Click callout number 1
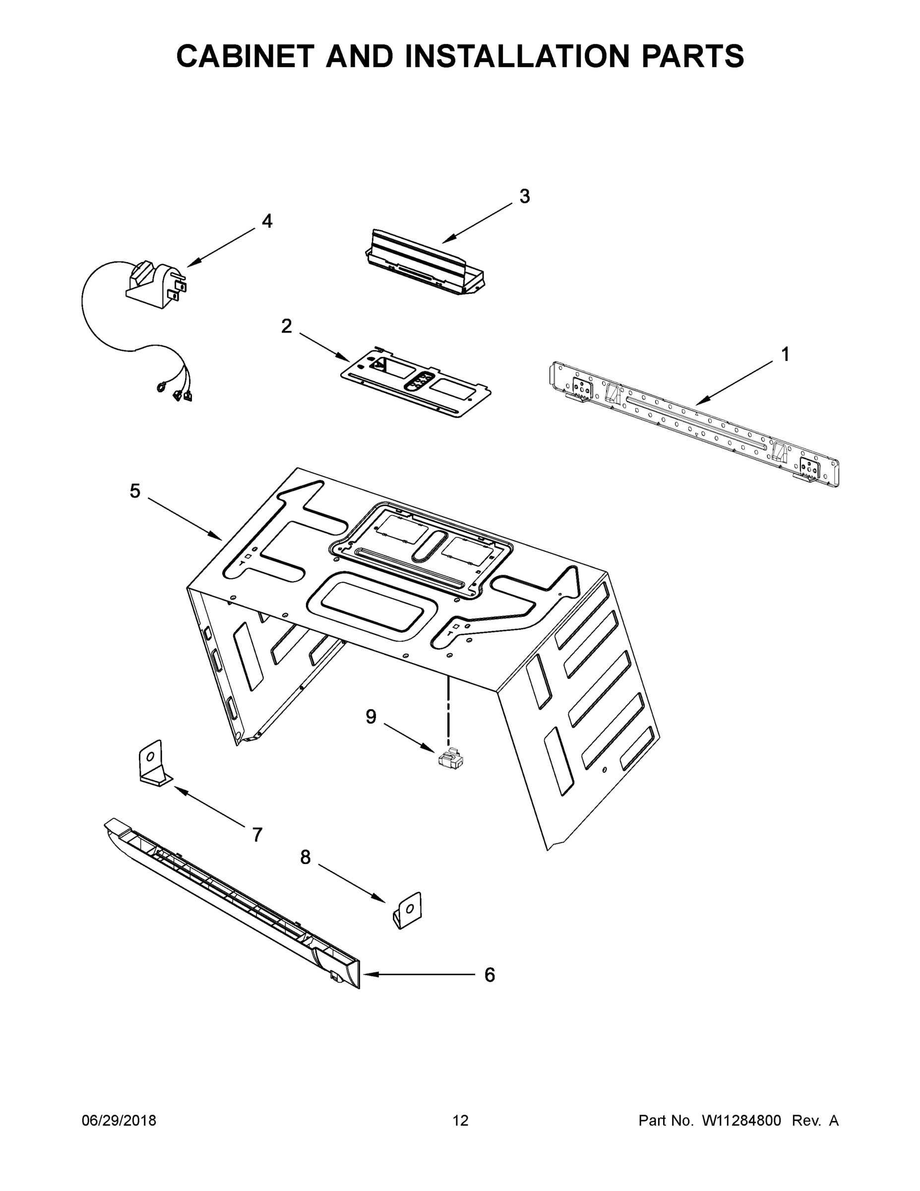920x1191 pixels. pyautogui.click(x=785, y=354)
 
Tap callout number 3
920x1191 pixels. pyautogui.click(x=524, y=197)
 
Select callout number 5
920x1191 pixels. pyautogui.click(x=134, y=491)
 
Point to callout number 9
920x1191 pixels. pyautogui.click(x=370, y=717)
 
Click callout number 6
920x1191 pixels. pyautogui.click(x=490, y=975)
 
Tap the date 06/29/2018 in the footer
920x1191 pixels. pyautogui.click(x=119, y=1120)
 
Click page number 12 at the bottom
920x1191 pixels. pyautogui.click(x=460, y=1120)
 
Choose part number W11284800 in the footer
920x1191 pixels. pyautogui.click(x=741, y=1120)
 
